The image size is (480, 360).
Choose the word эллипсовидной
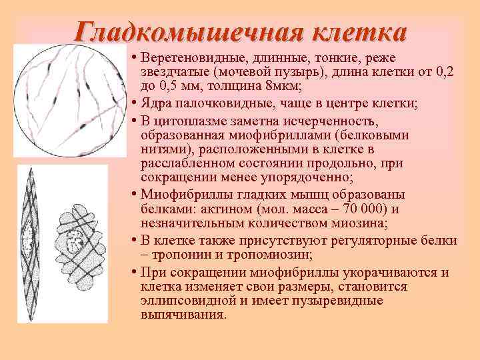pyautogui.click(x=189, y=301)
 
